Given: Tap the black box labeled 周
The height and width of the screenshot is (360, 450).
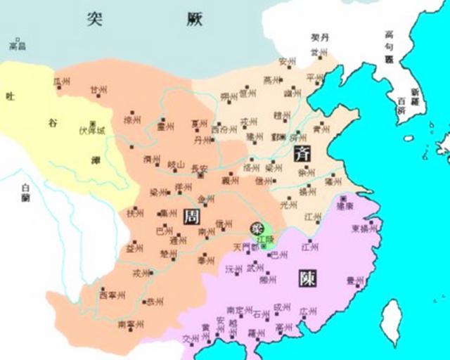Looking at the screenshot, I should pos(191,217).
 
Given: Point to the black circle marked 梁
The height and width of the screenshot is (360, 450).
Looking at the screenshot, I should pos(257,228).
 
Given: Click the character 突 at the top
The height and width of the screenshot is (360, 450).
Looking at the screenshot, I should pos(96,19).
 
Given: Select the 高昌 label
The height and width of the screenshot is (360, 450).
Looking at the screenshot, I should pos(18,46).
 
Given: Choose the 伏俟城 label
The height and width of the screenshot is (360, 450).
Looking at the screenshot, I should pos(93,129).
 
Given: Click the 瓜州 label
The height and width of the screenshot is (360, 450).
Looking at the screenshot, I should pos(63,83).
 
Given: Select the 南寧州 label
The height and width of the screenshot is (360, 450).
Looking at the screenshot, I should pos(131,324).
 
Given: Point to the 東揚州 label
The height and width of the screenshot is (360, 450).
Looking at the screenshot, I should pos(366,229).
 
